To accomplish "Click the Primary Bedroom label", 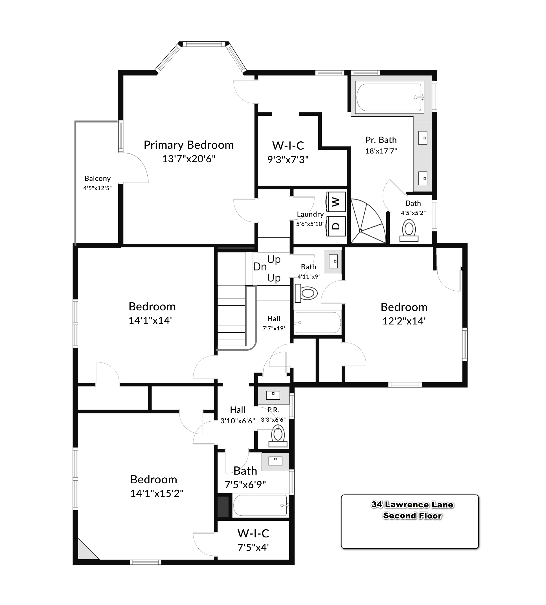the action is click(x=189, y=145).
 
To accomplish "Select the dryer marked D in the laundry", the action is click(x=336, y=226).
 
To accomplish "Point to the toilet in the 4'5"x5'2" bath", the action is click(x=409, y=230).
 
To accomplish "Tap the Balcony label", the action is click(x=98, y=179).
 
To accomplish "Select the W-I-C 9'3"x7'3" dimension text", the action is click(x=288, y=160).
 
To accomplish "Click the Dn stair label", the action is click(x=260, y=266).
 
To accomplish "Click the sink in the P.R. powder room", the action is click(x=273, y=395).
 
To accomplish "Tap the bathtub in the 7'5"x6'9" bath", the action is click(x=260, y=506).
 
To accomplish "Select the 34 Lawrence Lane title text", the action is click(x=413, y=505).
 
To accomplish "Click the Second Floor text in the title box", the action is click(x=413, y=516).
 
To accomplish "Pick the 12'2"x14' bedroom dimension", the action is click(x=404, y=321).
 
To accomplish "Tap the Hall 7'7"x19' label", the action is click(x=274, y=323).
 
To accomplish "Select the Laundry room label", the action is click(x=310, y=214).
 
